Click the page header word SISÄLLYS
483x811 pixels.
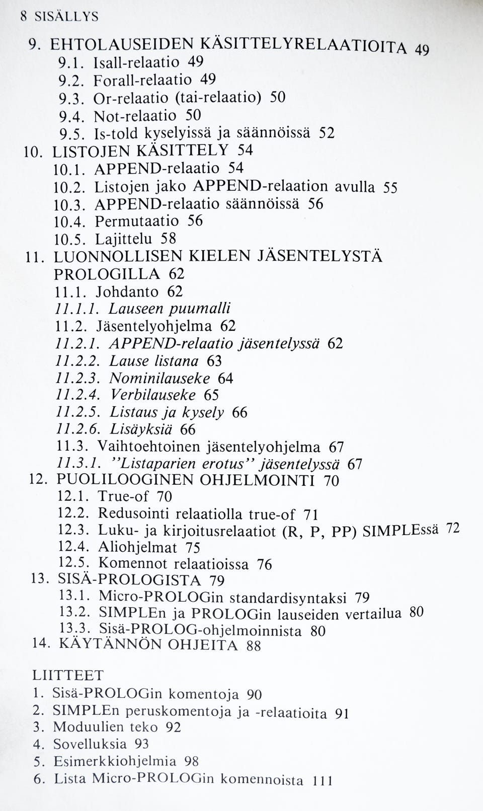point(66,17)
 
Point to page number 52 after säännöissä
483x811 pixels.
point(327,133)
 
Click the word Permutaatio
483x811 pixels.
point(137,221)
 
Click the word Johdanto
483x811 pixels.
point(127,291)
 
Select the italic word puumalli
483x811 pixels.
point(199,309)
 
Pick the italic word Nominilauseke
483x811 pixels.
point(159,378)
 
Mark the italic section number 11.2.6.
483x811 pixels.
point(78,429)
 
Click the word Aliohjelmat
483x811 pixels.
point(137,547)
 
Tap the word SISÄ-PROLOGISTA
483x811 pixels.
point(130,579)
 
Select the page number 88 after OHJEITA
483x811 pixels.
point(254,646)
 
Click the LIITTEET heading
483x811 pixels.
point(68,675)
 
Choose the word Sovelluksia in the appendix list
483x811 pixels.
point(89,744)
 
